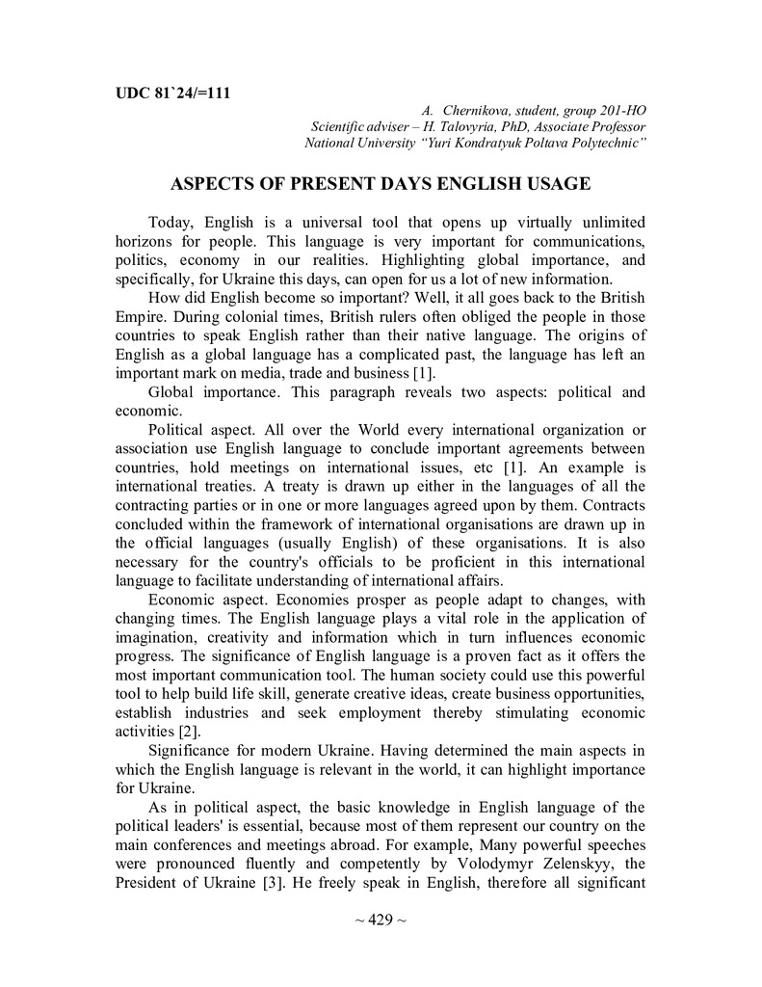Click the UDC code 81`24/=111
click(191, 93)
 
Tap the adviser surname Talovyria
click(469, 127)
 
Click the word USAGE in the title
click(551, 183)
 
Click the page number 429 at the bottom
click(381, 920)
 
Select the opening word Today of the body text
click(171, 224)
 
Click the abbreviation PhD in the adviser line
click(526, 127)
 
